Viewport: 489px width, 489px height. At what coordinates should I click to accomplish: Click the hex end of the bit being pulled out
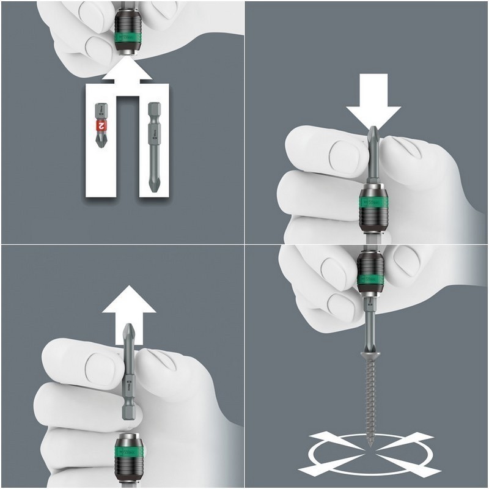pyautogui.click(x=128, y=416)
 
